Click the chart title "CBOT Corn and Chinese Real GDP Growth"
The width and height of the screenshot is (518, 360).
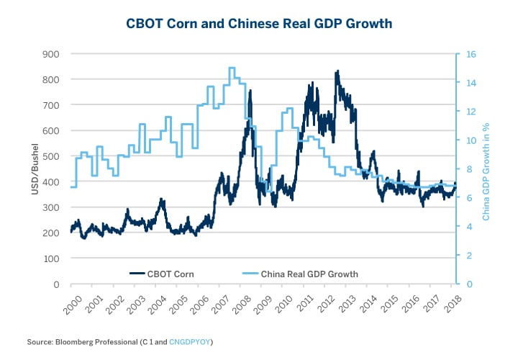click(259, 24)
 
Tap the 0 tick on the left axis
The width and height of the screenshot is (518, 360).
click(56, 284)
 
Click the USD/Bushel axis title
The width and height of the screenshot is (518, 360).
click(34, 168)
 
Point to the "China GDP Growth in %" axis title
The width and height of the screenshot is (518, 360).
click(487, 168)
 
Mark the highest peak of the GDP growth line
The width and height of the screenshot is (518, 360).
click(232, 68)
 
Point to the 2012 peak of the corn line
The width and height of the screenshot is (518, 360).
click(337, 72)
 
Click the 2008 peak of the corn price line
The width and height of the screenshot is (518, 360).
click(250, 91)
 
